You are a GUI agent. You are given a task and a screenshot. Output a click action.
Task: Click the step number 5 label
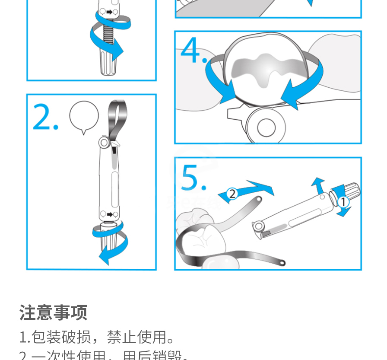(193, 177)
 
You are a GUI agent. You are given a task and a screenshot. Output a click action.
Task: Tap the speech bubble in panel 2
(84, 116)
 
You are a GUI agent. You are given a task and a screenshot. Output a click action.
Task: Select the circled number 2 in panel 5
(232, 194)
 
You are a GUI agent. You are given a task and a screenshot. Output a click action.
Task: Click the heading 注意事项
(54, 312)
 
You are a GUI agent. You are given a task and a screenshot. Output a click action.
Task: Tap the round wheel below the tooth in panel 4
(265, 127)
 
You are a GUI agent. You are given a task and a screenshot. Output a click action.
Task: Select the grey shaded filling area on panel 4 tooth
(268, 69)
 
